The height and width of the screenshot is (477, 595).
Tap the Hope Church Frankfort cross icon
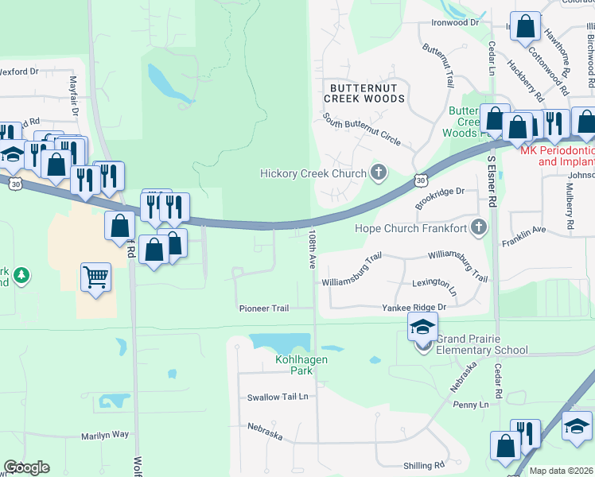[478, 228]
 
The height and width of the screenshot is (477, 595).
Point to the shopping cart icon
[95, 277]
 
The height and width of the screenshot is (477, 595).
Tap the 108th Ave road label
[312, 249]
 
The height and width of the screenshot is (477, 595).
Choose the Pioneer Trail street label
[264, 308]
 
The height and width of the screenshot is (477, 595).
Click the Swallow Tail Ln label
[277, 397]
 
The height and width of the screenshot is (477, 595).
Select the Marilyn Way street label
[105, 435]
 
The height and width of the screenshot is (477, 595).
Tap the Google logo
[26, 467]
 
